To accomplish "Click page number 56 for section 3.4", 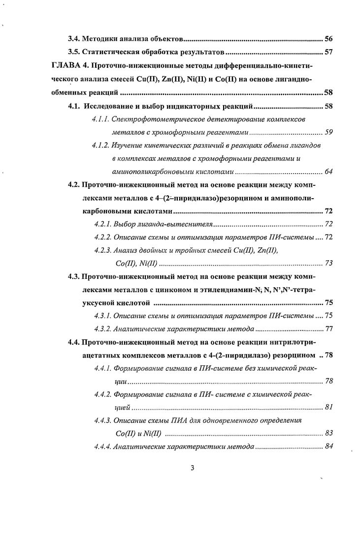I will [329, 38].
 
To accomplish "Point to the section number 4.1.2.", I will [100, 146].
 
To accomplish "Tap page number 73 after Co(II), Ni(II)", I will [329, 263].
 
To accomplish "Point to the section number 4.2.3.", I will [102, 250].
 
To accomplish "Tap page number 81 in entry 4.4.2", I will [329, 407].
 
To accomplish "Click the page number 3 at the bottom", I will [192, 468].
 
